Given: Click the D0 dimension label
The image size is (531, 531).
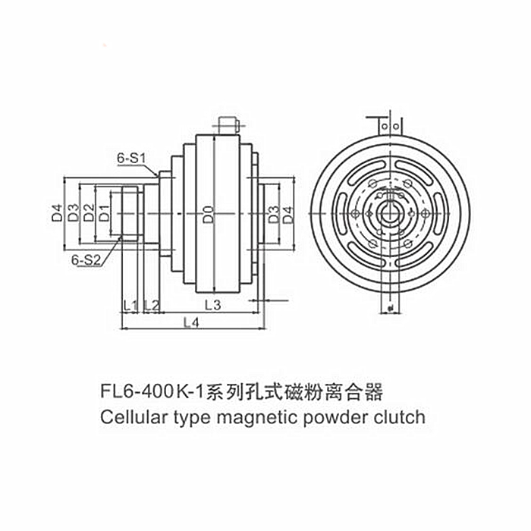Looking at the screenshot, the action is tap(209, 214).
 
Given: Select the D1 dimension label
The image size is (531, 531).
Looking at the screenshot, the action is tap(105, 213).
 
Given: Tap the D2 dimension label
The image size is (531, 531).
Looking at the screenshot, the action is tap(89, 212).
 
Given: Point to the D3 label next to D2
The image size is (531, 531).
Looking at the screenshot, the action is tap(73, 212).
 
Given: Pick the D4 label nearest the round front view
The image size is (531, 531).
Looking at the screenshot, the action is tap(288, 215).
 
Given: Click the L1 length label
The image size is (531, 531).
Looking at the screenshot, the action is tap(130, 306).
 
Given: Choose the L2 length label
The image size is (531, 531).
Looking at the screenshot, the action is tap(152, 306).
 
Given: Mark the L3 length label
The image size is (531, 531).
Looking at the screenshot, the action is tap(213, 305).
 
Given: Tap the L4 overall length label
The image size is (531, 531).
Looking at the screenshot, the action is tap(191, 322).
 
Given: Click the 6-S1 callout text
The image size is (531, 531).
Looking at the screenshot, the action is tap(131, 158).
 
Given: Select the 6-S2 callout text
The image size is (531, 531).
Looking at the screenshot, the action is tap(86, 260).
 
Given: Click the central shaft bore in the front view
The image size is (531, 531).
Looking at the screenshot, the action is tap(391, 213).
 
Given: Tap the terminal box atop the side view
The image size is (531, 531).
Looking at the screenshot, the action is tap(228, 126).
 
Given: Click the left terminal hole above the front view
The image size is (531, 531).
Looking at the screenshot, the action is tap(385, 127).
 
